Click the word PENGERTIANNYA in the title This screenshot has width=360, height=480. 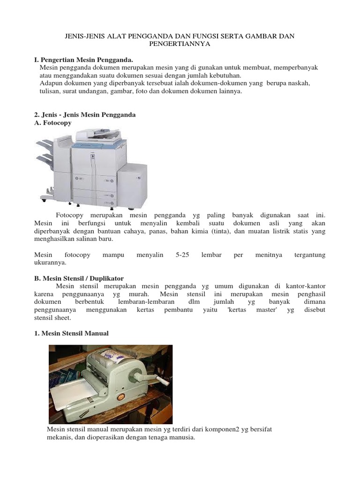pos(180,44)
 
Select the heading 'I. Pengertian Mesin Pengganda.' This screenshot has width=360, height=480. pos(84,60)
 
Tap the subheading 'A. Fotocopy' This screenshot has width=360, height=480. pos(53,122)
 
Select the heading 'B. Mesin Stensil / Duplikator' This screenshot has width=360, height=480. pos(79,278)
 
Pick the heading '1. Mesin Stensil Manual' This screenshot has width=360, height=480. pos(71,333)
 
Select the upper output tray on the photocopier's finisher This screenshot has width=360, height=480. pos(45,145)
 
